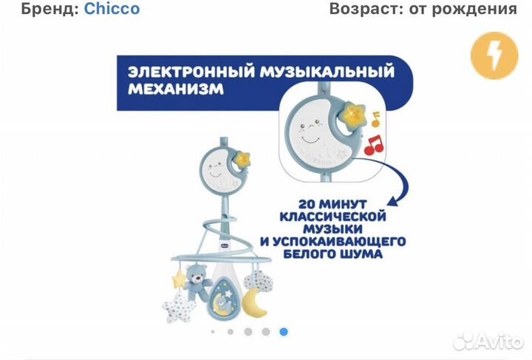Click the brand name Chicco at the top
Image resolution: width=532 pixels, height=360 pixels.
point(112,9)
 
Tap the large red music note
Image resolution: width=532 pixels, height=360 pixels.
point(375,143)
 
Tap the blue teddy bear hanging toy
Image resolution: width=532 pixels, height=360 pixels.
point(197,281)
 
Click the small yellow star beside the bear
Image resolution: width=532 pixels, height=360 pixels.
point(178,279)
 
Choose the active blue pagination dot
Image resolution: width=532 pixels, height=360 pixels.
point(284,331)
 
